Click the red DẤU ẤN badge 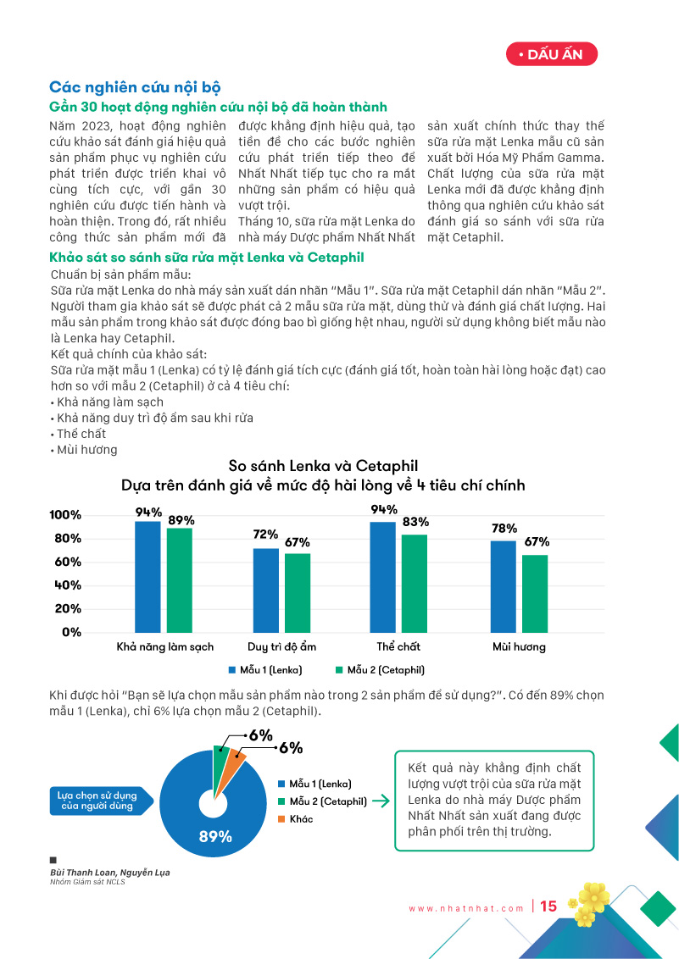(551, 55)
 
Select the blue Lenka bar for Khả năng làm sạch (147, 576)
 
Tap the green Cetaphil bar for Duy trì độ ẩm (298, 592)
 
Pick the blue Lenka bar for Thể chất (383, 576)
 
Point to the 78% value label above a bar (504, 529)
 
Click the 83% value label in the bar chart (415, 522)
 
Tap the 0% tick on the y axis (71, 631)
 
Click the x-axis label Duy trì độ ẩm (281, 646)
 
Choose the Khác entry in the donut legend (301, 819)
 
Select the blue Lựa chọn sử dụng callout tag (101, 801)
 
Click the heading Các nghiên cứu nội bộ (135, 87)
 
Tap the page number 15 (548, 906)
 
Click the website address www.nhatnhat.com (466, 908)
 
